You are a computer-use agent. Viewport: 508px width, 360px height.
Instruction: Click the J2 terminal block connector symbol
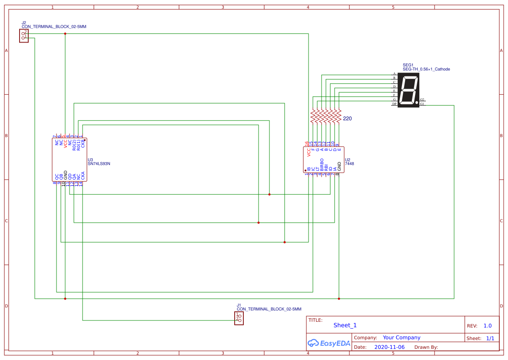[24, 36]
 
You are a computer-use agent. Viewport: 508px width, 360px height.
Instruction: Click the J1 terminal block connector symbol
[239, 318]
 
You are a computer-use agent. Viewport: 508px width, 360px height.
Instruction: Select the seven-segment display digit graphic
[408, 90]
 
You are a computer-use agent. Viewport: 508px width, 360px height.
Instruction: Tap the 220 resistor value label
[347, 119]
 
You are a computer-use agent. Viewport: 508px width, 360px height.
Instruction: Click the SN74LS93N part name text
[99, 164]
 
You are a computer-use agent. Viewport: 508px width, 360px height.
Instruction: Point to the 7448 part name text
[349, 164]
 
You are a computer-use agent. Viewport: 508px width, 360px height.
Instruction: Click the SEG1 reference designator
[408, 65]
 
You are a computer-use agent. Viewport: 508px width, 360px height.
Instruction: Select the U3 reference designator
[90, 160]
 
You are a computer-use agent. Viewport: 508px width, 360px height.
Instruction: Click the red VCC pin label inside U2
[309, 152]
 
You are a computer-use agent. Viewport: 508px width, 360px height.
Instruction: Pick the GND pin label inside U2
[339, 166]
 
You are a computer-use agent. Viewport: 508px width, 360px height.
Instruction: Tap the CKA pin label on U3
[83, 176]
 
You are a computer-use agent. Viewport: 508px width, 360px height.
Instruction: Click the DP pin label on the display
[394, 104]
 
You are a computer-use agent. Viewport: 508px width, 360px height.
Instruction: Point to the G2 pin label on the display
[422, 100]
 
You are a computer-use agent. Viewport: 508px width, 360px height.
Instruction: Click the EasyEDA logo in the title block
[329, 343]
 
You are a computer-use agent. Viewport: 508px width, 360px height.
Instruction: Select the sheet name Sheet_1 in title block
[345, 325]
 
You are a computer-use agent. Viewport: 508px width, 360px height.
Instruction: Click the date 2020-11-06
[389, 347]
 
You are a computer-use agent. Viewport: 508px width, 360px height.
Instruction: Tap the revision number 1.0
[488, 326]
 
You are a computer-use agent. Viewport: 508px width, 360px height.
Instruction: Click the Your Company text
[402, 337]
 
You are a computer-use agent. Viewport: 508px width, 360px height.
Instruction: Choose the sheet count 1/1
[490, 338]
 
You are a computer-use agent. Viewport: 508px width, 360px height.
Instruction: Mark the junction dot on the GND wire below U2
[339, 299]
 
